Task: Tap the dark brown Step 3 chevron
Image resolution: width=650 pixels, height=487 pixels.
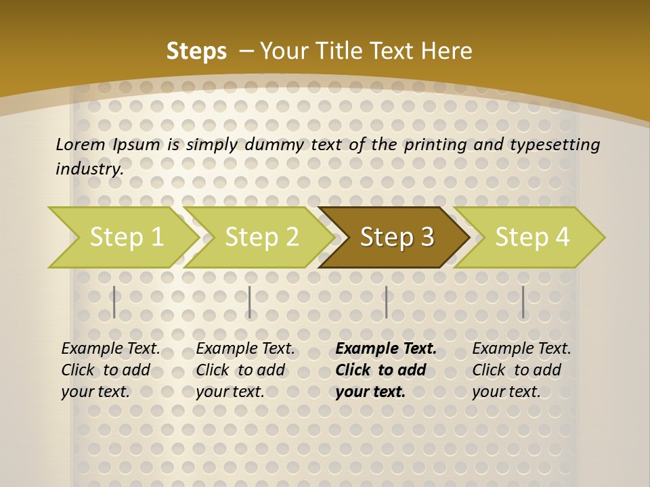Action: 397,237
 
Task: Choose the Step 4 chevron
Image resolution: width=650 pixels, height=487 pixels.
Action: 532,237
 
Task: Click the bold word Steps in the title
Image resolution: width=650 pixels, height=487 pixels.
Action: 196,51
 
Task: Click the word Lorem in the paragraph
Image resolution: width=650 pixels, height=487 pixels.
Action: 80,144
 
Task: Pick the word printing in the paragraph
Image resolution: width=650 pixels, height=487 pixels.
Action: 433,144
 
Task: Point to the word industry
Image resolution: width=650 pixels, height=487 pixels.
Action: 89,169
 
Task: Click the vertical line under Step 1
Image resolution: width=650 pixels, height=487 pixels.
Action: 114,302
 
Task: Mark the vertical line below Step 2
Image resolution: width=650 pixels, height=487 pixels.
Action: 249,302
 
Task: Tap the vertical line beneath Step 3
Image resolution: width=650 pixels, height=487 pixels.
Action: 386,302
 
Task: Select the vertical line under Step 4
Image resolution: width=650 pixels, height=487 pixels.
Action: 523,302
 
